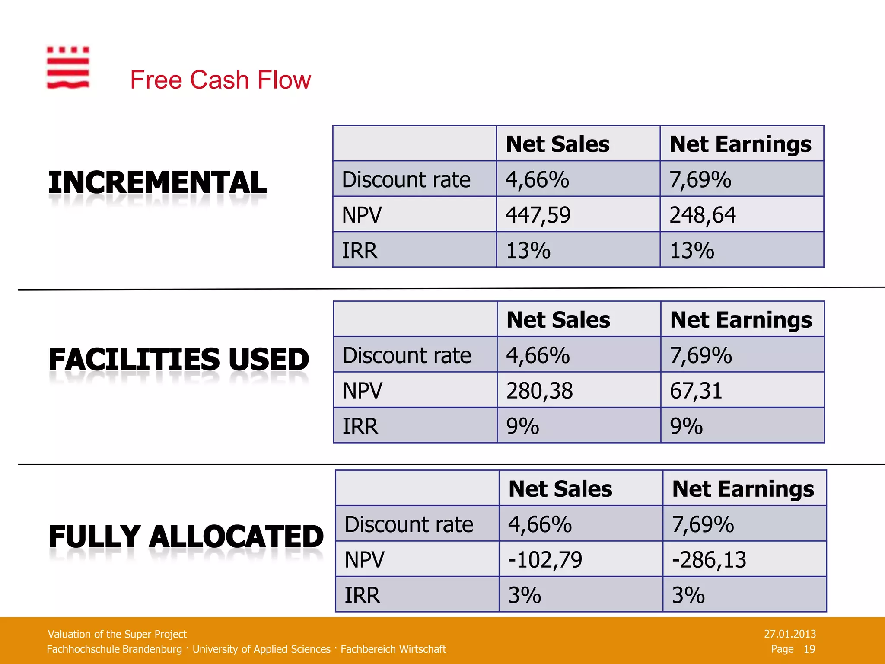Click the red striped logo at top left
tap(68, 68)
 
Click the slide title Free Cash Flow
tap(220, 80)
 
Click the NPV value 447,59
tap(538, 215)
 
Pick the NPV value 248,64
tap(702, 215)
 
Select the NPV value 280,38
tap(539, 391)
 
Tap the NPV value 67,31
tap(696, 391)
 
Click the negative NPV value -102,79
tap(545, 560)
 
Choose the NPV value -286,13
tap(709, 560)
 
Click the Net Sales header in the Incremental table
tap(557, 144)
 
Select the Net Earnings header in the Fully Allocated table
tap(743, 489)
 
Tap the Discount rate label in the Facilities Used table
tap(407, 355)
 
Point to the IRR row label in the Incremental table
tap(360, 250)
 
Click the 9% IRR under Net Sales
tap(522, 426)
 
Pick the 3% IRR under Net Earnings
tap(688, 595)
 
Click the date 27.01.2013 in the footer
tap(789, 634)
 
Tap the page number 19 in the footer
tap(809, 649)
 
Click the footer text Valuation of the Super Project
tap(117, 634)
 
